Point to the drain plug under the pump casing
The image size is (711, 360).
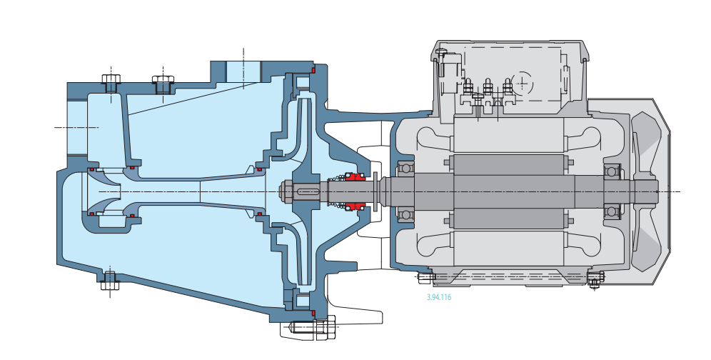tap(109, 281)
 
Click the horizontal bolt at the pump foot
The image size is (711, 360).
tap(314, 329)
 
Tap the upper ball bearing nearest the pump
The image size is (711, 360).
tap(405, 170)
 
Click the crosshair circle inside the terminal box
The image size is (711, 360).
tap(523, 84)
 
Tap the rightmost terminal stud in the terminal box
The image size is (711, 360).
tap(508, 89)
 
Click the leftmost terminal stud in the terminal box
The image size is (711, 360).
tap(468, 89)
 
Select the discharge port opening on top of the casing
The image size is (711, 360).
tap(243, 71)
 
